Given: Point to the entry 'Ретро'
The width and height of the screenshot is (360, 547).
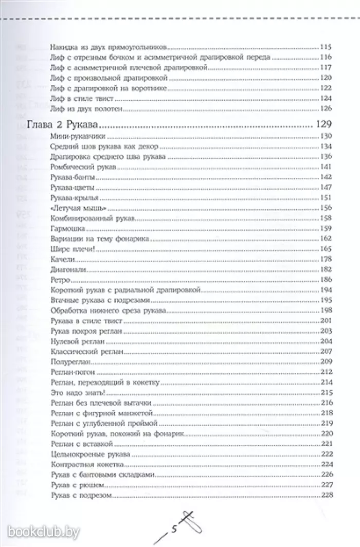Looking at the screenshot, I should (x=61, y=280).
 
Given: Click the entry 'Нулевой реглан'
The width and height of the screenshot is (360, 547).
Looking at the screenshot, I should (x=72, y=341).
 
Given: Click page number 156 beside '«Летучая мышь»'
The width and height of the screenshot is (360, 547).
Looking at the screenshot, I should (x=326, y=208).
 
